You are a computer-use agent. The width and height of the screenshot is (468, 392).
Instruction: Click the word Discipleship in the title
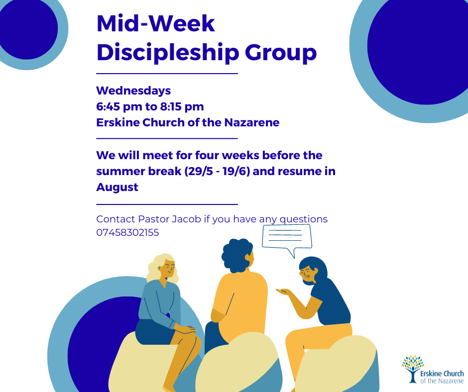tap(168, 53)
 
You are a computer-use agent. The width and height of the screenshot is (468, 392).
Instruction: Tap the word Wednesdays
tap(133, 91)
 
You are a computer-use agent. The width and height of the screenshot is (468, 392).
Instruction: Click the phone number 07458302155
tap(127, 232)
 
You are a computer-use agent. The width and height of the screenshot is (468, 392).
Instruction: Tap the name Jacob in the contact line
tap(187, 219)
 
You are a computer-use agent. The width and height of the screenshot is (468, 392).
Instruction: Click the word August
tap(117, 188)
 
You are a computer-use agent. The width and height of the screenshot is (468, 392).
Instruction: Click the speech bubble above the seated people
tap(287, 237)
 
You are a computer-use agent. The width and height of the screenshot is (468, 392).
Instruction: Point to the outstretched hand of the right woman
tap(282, 291)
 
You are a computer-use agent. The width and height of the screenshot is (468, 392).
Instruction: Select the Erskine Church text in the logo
tap(442, 374)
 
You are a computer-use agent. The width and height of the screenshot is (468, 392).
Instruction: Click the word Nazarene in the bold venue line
tap(251, 122)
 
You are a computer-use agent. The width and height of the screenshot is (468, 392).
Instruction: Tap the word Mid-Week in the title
tap(156, 23)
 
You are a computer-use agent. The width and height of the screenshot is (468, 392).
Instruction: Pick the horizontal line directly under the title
tap(167, 74)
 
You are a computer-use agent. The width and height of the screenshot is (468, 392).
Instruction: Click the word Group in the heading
tap(281, 53)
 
